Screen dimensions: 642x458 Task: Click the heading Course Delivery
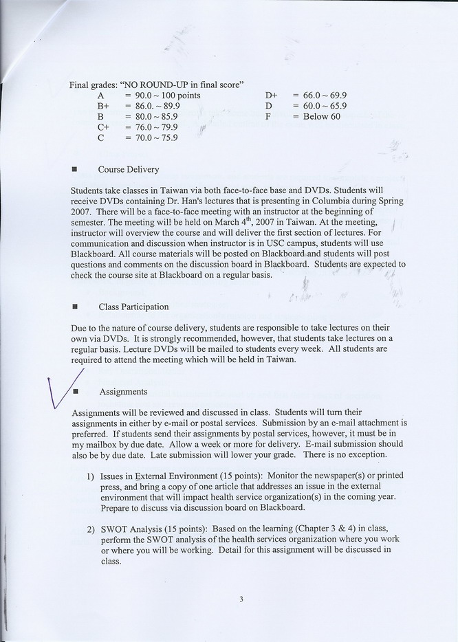(x=129, y=169)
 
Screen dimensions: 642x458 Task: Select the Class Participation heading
(x=133, y=307)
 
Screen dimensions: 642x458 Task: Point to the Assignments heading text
(x=123, y=392)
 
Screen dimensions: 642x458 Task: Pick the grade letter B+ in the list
(x=103, y=107)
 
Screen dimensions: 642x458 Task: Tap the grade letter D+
(x=271, y=96)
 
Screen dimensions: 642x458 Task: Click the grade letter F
(x=268, y=117)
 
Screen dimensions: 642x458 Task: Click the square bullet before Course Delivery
(x=74, y=170)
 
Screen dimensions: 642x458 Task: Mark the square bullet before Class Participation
(x=74, y=307)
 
